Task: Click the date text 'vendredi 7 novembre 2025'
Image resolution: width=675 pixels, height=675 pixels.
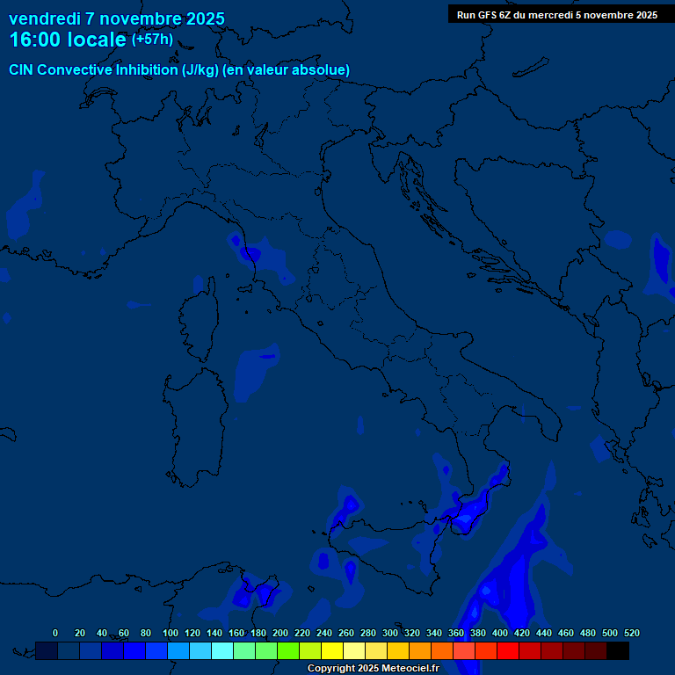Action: [116, 18]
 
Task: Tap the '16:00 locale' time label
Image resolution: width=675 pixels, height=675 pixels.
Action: [69, 40]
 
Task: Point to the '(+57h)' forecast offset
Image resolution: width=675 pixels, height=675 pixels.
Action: [152, 40]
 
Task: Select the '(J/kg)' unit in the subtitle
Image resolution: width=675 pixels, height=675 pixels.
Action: [200, 69]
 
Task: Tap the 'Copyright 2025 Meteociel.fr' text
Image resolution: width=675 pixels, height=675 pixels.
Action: [373, 668]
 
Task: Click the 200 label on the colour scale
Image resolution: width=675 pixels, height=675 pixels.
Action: [280, 633]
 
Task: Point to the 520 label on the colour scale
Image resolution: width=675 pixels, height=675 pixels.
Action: [631, 633]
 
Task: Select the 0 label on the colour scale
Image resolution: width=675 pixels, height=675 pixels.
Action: [55, 633]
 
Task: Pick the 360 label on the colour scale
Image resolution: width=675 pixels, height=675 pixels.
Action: [456, 633]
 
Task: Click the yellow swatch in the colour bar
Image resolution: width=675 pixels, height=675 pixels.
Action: [332, 650]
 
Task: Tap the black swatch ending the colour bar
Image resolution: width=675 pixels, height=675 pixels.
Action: [618, 650]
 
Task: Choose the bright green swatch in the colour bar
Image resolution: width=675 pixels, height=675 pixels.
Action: [288, 650]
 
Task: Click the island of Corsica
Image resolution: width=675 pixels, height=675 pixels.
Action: [200, 321]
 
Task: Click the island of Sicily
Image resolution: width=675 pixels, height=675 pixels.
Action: [378, 562]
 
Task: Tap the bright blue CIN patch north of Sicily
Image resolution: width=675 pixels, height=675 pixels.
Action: [349, 504]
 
